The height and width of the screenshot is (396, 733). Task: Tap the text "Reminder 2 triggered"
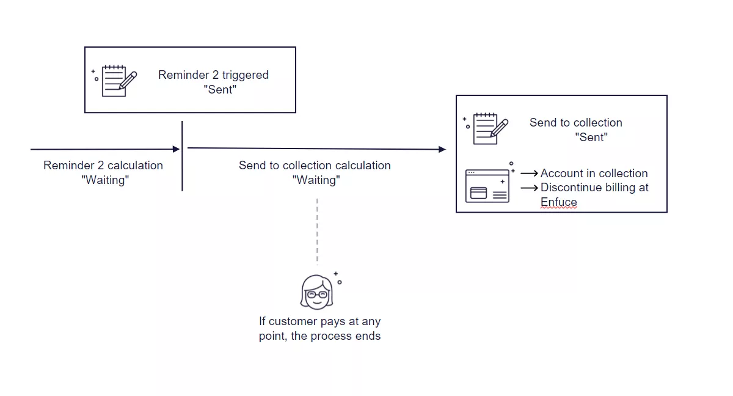213,75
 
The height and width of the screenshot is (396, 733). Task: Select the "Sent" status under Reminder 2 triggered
219,90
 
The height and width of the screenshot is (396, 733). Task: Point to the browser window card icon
487,186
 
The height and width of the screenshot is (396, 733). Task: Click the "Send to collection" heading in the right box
575,123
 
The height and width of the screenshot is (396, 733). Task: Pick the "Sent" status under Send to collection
591,137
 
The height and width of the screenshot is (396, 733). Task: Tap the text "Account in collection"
594,174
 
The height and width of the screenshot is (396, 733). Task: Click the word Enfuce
558,202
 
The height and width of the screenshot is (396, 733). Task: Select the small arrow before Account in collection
529,174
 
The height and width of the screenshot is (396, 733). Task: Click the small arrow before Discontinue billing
529,188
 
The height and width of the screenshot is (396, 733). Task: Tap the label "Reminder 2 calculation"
103,166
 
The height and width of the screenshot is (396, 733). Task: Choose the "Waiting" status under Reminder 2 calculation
105,180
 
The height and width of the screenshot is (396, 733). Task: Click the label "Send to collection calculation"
315,166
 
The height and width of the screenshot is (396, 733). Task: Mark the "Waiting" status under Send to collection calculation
316,180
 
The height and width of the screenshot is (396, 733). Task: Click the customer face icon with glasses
316,291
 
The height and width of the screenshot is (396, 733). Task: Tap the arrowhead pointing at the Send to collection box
442,149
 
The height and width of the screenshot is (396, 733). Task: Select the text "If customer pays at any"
319,321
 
